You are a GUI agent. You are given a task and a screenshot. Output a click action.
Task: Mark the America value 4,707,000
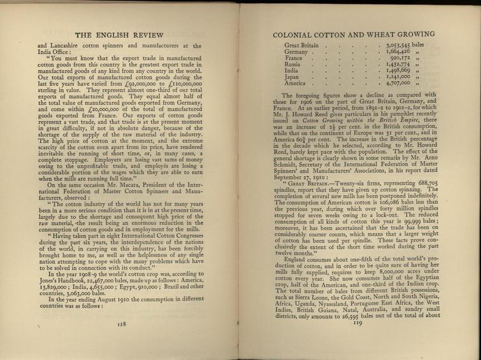(x=401, y=90)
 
